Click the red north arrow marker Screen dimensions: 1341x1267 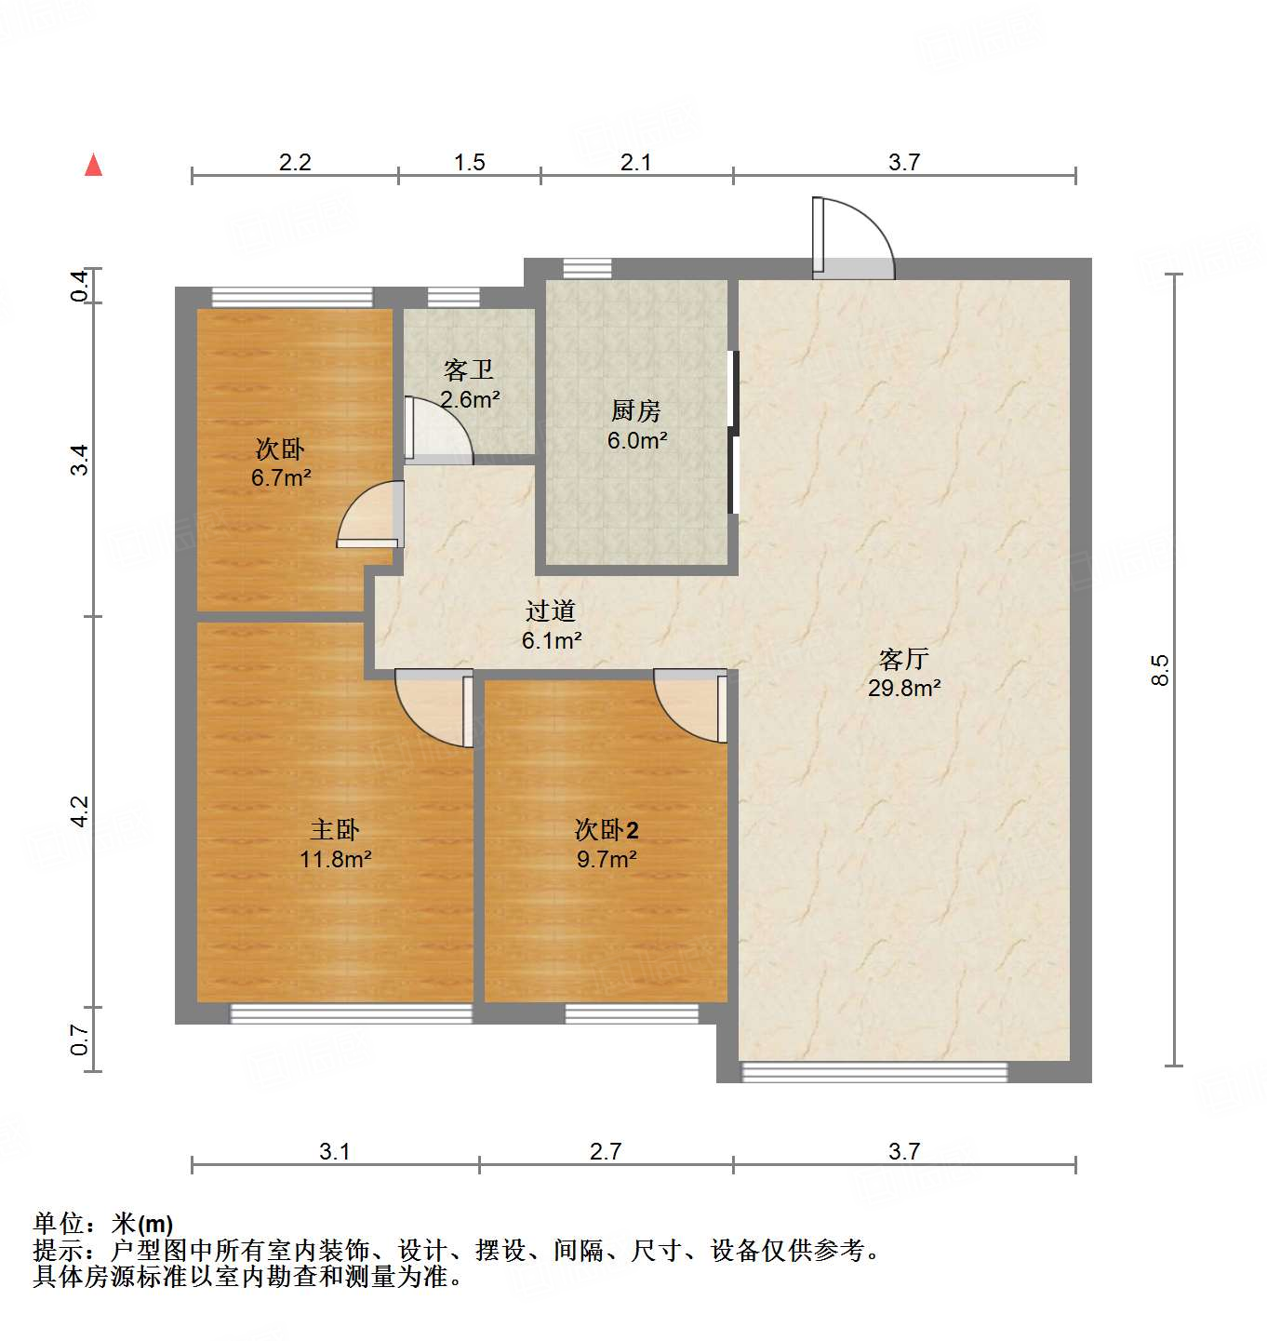[x=93, y=165]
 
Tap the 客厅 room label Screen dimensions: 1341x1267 [x=903, y=659]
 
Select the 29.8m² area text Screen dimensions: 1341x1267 [x=903, y=689]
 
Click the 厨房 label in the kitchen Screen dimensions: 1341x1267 [x=636, y=410]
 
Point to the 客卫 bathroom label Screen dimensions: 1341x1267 [x=469, y=370]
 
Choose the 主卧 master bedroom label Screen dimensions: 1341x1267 [x=335, y=829]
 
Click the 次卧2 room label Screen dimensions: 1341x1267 [x=607, y=829]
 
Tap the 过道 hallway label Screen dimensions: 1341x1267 [x=551, y=610]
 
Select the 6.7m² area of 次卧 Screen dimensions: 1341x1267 [x=281, y=478]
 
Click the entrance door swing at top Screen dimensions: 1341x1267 [x=853, y=239]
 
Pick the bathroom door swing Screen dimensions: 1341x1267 [x=438, y=430]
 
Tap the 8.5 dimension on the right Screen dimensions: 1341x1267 [x=1159, y=670]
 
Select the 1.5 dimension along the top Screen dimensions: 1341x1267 [x=470, y=163]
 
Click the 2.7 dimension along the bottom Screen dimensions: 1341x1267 [x=606, y=1152]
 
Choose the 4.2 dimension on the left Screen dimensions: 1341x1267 [x=80, y=811]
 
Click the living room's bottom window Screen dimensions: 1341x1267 [x=874, y=1072]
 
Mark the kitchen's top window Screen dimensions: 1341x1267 [x=588, y=268]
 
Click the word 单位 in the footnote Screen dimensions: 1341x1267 [x=59, y=1224]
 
